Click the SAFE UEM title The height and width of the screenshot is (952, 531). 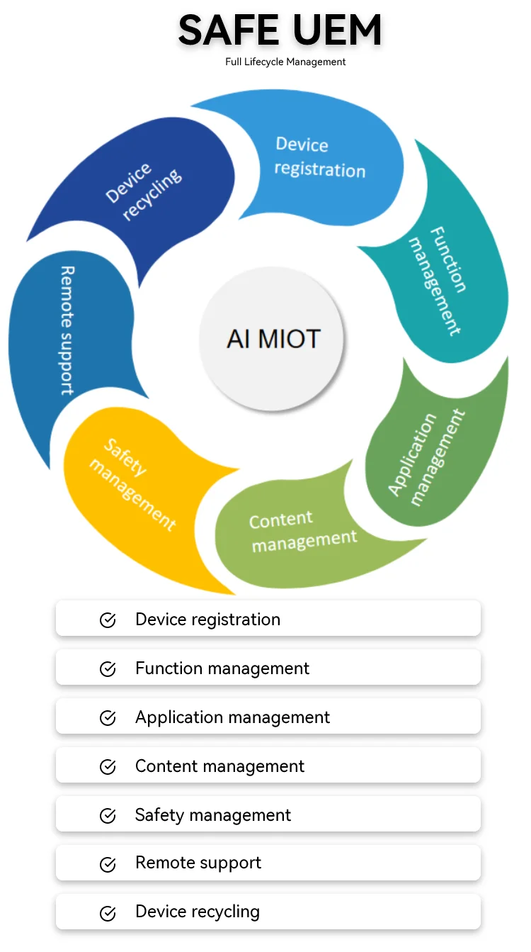point(280,30)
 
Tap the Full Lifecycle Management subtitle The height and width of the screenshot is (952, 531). point(285,62)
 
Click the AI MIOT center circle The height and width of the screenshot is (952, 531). point(273,338)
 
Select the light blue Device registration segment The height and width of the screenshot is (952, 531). point(315,159)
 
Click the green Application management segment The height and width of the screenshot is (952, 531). point(432,454)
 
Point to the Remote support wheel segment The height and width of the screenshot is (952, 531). point(67,333)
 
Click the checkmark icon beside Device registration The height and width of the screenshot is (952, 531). point(108,620)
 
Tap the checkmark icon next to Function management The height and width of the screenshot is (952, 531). point(108,669)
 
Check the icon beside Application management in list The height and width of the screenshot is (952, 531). point(108,718)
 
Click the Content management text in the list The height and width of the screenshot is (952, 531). point(219,766)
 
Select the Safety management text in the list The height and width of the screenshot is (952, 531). point(213,815)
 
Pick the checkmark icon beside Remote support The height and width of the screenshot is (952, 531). point(108,864)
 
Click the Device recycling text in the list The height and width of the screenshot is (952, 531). point(198,912)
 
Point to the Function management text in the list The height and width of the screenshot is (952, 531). point(222,668)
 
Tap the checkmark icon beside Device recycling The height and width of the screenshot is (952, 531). point(108,913)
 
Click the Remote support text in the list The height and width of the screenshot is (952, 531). point(198,863)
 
